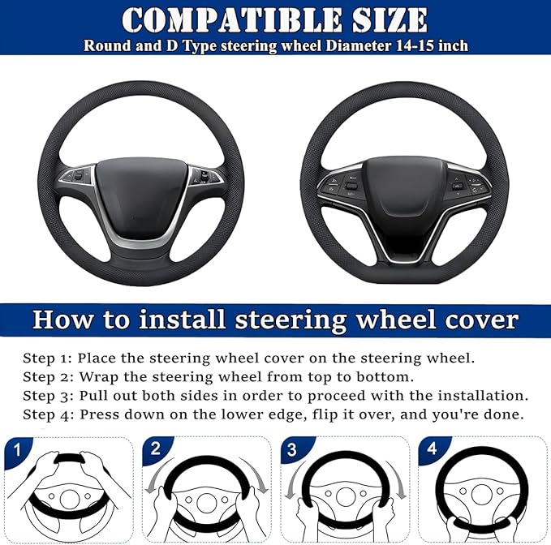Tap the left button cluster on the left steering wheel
click(x=78, y=176)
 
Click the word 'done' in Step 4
click(x=506, y=415)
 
